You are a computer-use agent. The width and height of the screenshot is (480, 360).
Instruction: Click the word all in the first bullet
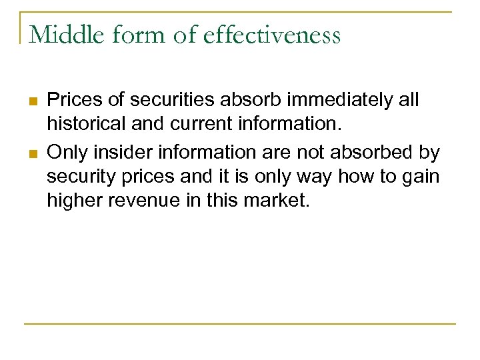point(408,101)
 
